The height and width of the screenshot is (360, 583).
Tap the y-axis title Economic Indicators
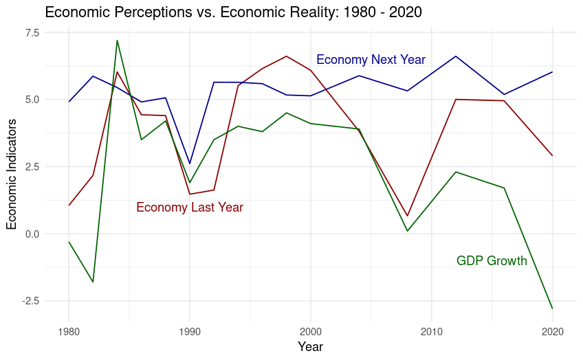(12, 173)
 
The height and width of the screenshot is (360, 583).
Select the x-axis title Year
(310, 346)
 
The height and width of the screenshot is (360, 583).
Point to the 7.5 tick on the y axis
(32, 32)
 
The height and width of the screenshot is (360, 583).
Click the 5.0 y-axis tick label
(32, 100)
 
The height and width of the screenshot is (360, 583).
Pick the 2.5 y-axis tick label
(32, 167)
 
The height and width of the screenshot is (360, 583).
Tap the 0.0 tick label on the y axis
(32, 234)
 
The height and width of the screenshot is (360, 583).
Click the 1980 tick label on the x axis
(69, 330)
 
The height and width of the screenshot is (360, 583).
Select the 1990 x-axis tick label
(190, 330)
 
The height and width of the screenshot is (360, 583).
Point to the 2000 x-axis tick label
(311, 330)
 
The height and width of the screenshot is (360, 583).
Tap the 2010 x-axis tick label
(432, 330)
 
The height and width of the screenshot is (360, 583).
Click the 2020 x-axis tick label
(552, 330)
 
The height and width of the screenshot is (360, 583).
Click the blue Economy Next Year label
(371, 60)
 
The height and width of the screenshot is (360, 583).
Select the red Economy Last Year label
(190, 207)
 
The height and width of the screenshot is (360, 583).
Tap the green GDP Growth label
(492, 261)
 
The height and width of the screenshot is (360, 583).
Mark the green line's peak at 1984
(118, 41)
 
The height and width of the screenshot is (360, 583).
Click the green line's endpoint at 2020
(552, 308)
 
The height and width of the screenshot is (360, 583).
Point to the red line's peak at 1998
(287, 56)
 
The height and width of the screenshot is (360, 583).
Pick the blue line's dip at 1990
(190, 164)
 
